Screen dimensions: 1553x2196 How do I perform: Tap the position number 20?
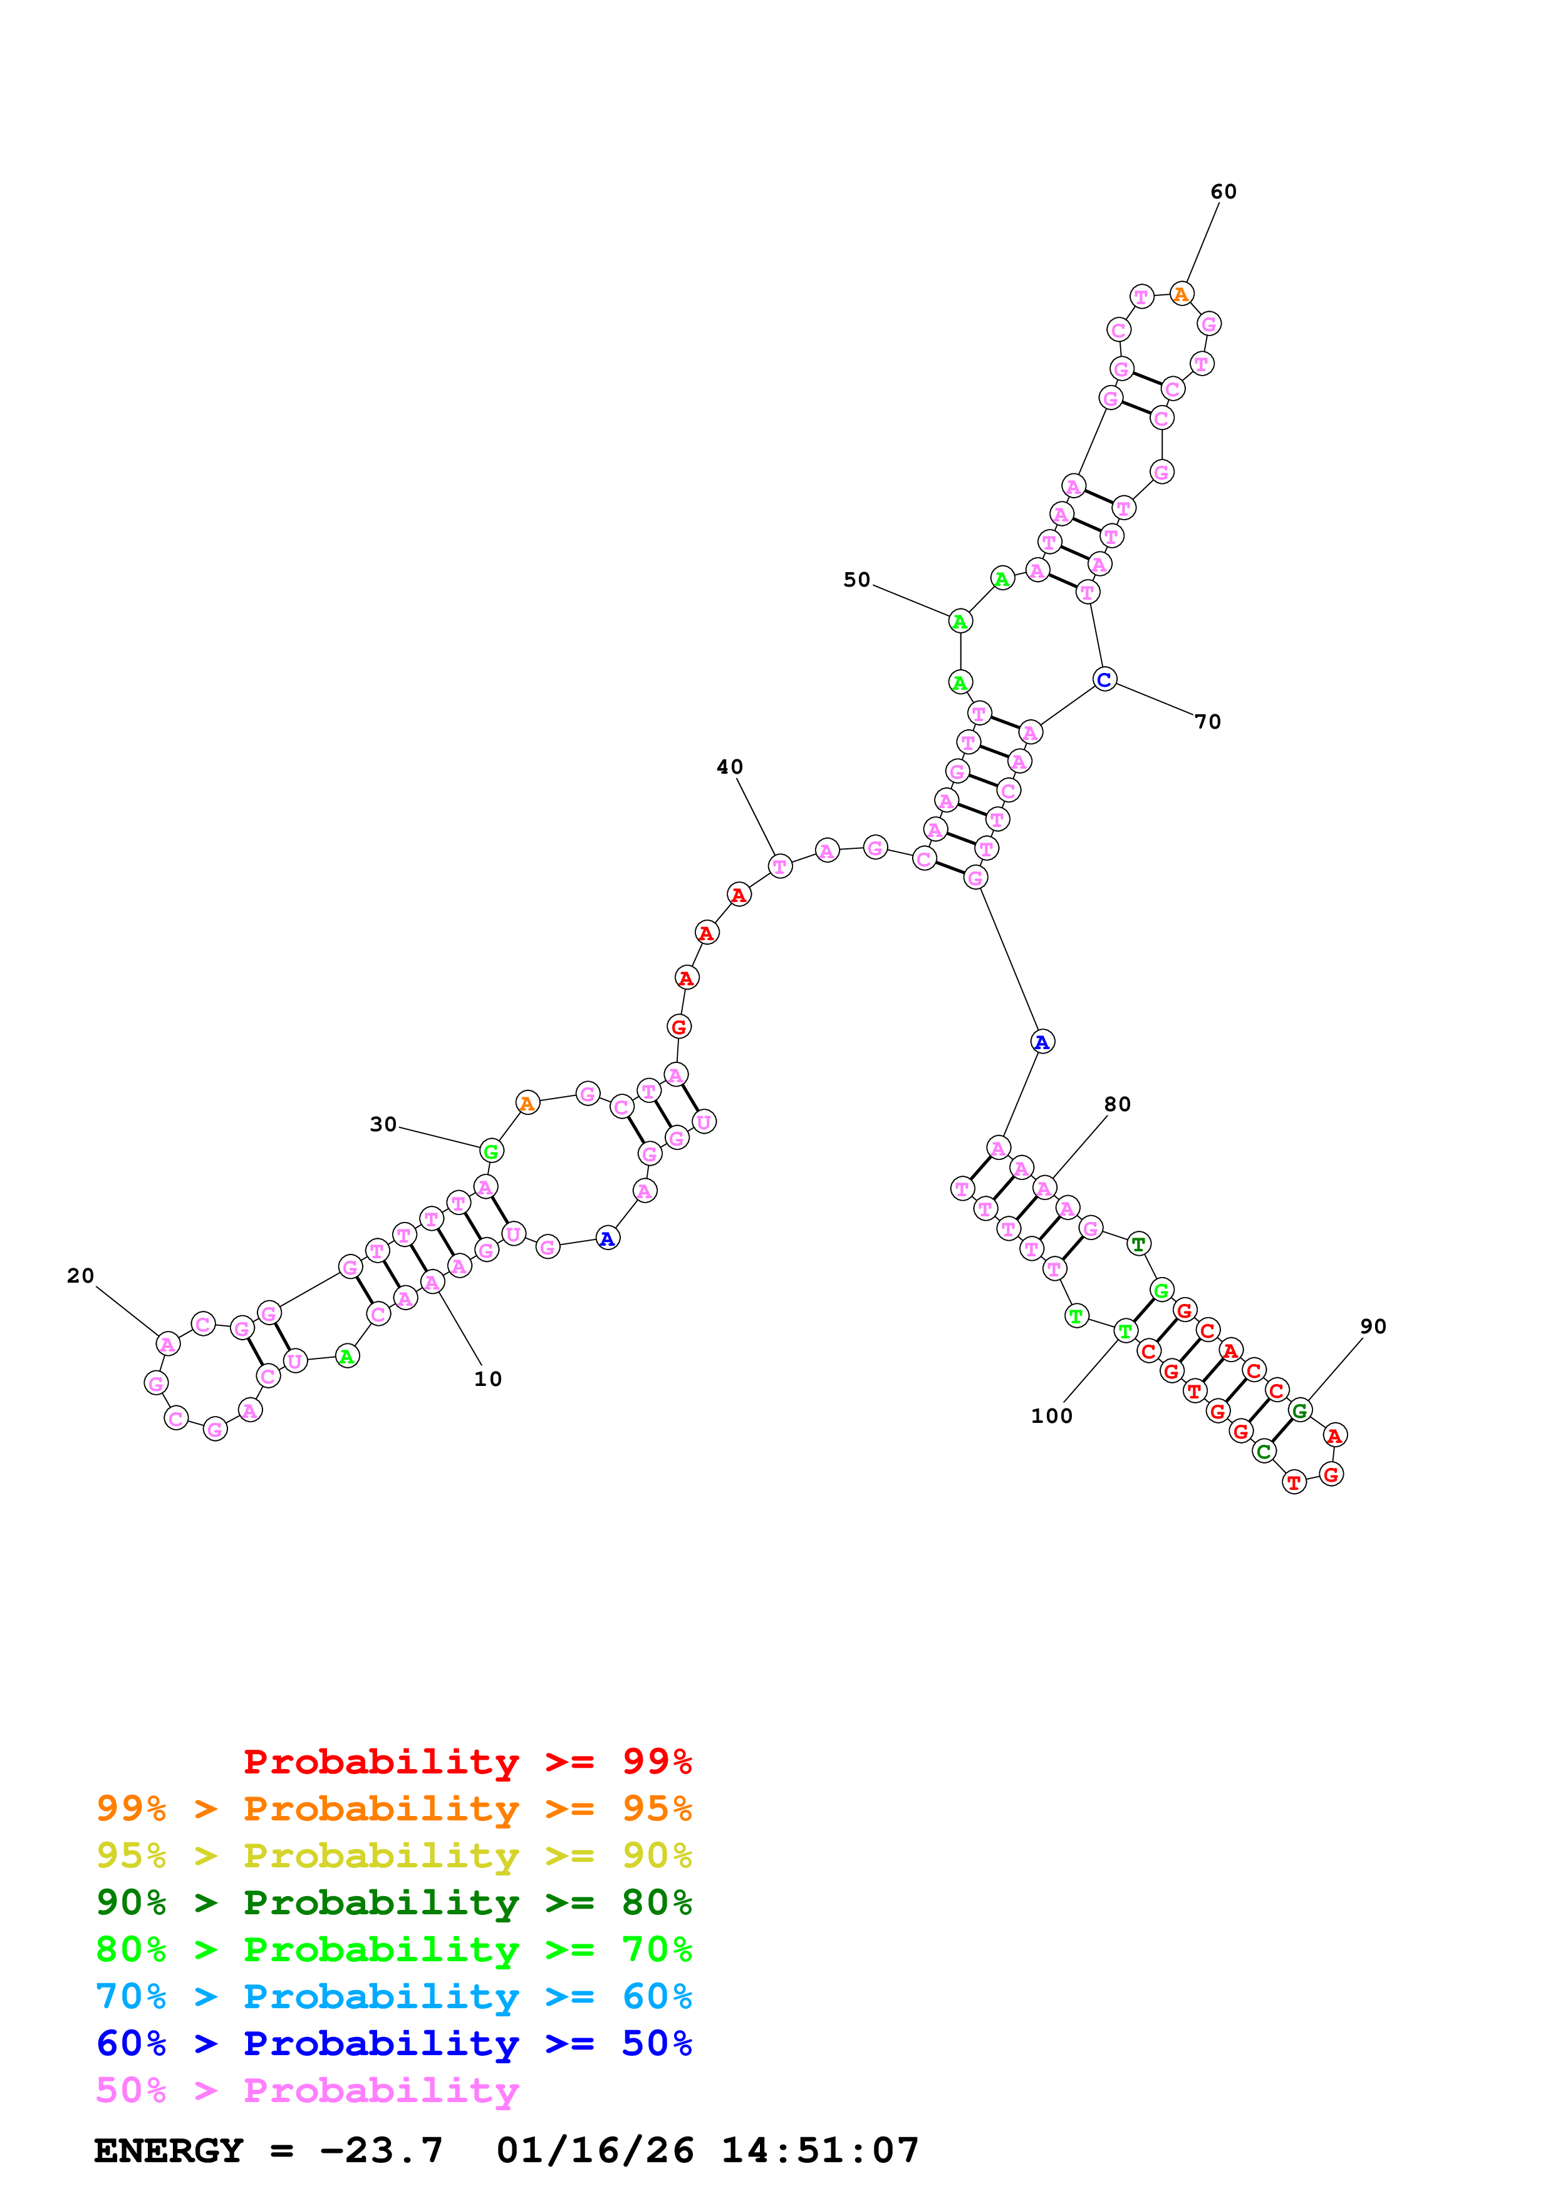coord(80,1276)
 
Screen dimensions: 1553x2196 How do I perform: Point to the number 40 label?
coord(729,767)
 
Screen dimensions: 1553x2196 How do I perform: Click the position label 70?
coord(1208,722)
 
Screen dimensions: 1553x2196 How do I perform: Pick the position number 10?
coord(488,1379)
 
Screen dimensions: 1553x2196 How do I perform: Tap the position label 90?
coord(1373,1326)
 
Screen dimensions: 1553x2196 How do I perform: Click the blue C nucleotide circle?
coord(1104,680)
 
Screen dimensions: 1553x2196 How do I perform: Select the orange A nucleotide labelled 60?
coord(1181,295)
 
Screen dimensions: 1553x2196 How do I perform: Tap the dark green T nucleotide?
coord(1138,1244)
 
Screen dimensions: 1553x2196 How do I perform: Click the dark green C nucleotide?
coord(1263,1452)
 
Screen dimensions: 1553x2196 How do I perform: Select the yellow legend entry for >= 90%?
coord(393,1855)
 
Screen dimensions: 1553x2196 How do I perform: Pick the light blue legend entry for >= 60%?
coord(393,1996)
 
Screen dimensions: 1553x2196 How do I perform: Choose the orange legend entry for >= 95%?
coord(393,1809)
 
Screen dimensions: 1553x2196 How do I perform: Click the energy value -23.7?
coord(381,2150)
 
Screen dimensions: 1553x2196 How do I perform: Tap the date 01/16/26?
coord(595,2150)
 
